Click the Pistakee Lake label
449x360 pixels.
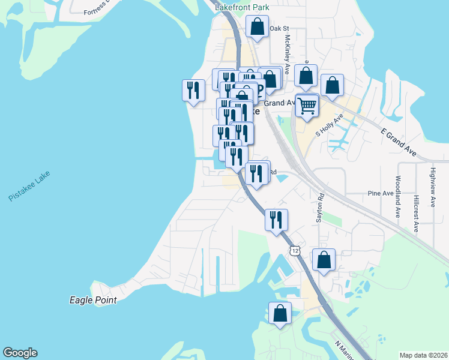click(29, 186)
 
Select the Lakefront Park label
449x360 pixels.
click(242, 7)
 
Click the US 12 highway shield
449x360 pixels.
click(294, 250)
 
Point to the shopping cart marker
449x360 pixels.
click(307, 106)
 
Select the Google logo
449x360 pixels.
click(20, 353)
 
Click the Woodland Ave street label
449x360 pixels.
click(397, 197)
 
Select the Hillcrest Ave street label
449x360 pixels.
click(416, 213)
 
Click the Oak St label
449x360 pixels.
click(280, 28)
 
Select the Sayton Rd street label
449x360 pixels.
click(320, 208)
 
